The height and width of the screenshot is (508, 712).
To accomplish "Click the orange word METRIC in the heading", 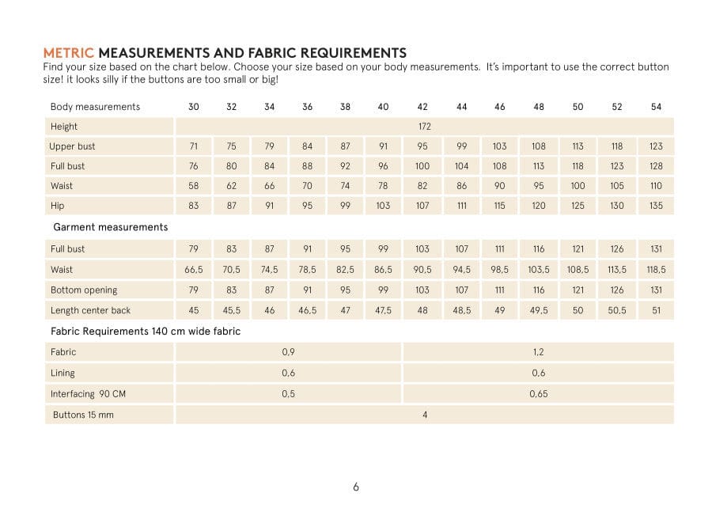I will (68, 53).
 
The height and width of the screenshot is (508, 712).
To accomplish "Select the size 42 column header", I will (422, 107).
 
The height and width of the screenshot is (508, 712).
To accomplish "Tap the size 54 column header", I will (656, 107).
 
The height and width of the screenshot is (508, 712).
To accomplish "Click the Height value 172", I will (424, 127).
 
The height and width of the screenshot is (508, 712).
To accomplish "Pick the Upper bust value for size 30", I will (194, 146).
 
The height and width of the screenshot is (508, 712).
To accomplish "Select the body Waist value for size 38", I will (345, 186).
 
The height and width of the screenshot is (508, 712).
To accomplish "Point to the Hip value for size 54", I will (656, 206).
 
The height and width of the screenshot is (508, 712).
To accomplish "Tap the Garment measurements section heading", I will (110, 227).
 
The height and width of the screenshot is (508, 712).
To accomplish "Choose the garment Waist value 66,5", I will (194, 270).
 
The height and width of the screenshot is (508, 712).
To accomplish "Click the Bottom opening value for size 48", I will (539, 290).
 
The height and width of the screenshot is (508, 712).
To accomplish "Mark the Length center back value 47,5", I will (383, 311).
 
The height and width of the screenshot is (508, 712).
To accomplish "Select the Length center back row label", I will (90, 311).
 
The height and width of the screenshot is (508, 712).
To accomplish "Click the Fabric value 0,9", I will (289, 352).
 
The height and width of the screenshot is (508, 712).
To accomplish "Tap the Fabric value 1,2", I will (539, 352).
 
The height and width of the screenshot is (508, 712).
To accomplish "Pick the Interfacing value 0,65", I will (539, 394).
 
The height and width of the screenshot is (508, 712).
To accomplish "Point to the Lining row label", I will (62, 373).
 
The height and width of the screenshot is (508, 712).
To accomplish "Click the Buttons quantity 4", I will (425, 415).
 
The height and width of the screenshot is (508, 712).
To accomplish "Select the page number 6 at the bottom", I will (356, 487).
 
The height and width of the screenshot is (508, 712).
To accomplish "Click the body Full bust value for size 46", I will (500, 166).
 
